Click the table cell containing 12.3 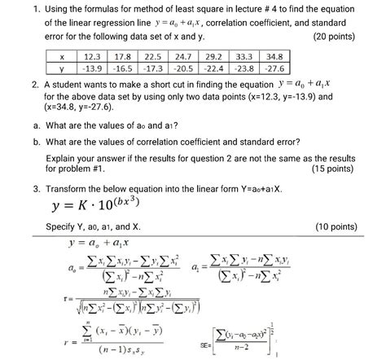pyautogui.click(x=92, y=57)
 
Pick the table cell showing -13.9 pyautogui.click(x=92, y=69)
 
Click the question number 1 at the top pyautogui.click(x=27, y=9)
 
